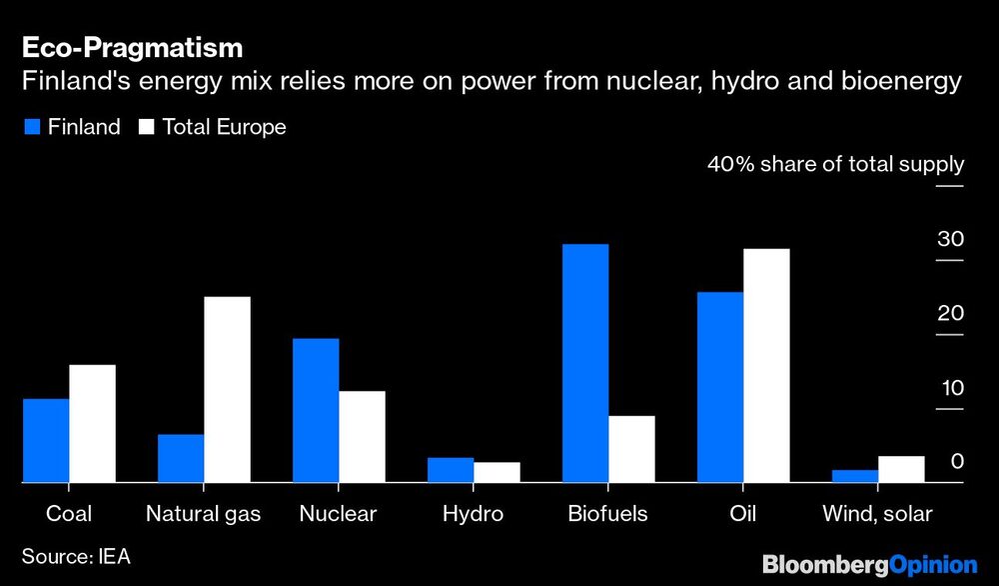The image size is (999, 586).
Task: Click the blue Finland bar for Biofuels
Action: pyautogui.click(x=585, y=364)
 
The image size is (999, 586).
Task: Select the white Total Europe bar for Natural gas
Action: pyautogui.click(x=227, y=390)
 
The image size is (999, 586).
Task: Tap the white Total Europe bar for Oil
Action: pyautogui.click(x=766, y=366)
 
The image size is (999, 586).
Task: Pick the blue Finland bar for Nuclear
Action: pyautogui.click(x=316, y=411)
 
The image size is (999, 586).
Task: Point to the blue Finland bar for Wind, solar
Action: pyautogui.click(x=854, y=476)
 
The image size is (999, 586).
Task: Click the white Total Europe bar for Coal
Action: pyautogui.click(x=92, y=424)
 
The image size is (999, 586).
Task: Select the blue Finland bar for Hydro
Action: pyautogui.click(x=451, y=470)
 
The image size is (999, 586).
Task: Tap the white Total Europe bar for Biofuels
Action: pyautogui.click(x=631, y=449)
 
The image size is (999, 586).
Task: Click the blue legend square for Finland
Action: pyautogui.click(x=31, y=127)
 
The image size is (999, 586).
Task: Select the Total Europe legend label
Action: pyautogui.click(x=224, y=127)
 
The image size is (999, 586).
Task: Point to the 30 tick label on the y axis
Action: pyautogui.click(x=949, y=239)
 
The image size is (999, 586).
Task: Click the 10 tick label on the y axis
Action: pyautogui.click(x=949, y=388)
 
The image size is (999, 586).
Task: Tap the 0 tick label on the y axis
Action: pyautogui.click(x=956, y=461)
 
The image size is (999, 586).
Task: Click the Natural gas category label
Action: pyautogui.click(x=203, y=514)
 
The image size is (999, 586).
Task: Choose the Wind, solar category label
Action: pyautogui.click(x=876, y=514)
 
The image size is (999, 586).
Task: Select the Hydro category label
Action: pyautogui.click(x=473, y=514)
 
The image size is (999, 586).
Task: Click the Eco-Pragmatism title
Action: pyautogui.click(x=132, y=47)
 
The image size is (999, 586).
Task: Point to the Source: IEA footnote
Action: pyautogui.click(x=76, y=555)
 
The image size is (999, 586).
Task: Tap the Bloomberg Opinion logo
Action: pyautogui.click(x=869, y=564)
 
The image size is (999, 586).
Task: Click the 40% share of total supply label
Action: pyautogui.click(x=835, y=164)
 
